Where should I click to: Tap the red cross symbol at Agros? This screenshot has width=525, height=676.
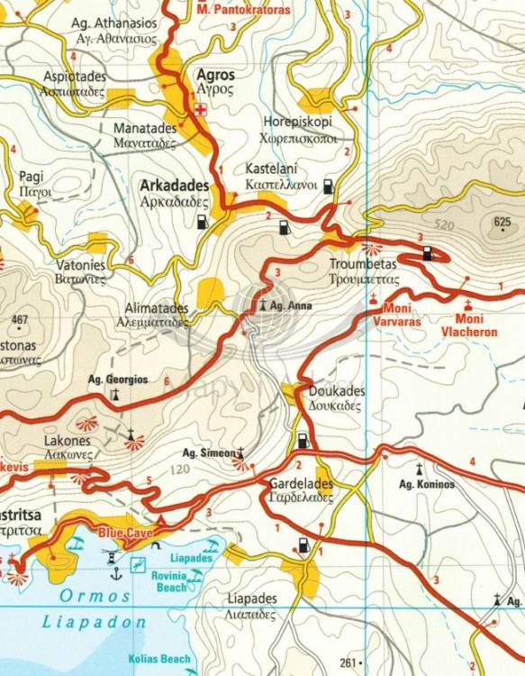point(203,111)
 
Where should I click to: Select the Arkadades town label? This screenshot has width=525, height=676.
point(175,186)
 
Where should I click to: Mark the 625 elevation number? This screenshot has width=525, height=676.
point(502,222)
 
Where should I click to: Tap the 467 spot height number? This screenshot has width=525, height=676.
point(20,320)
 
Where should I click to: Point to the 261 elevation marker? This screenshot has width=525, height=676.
point(354,662)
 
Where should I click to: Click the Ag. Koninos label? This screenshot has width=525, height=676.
point(427,485)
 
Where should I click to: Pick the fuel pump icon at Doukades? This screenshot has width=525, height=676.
point(303,441)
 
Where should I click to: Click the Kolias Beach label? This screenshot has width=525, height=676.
point(159,659)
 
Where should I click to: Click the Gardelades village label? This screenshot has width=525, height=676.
point(301,484)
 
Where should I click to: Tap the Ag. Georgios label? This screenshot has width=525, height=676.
point(118,380)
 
